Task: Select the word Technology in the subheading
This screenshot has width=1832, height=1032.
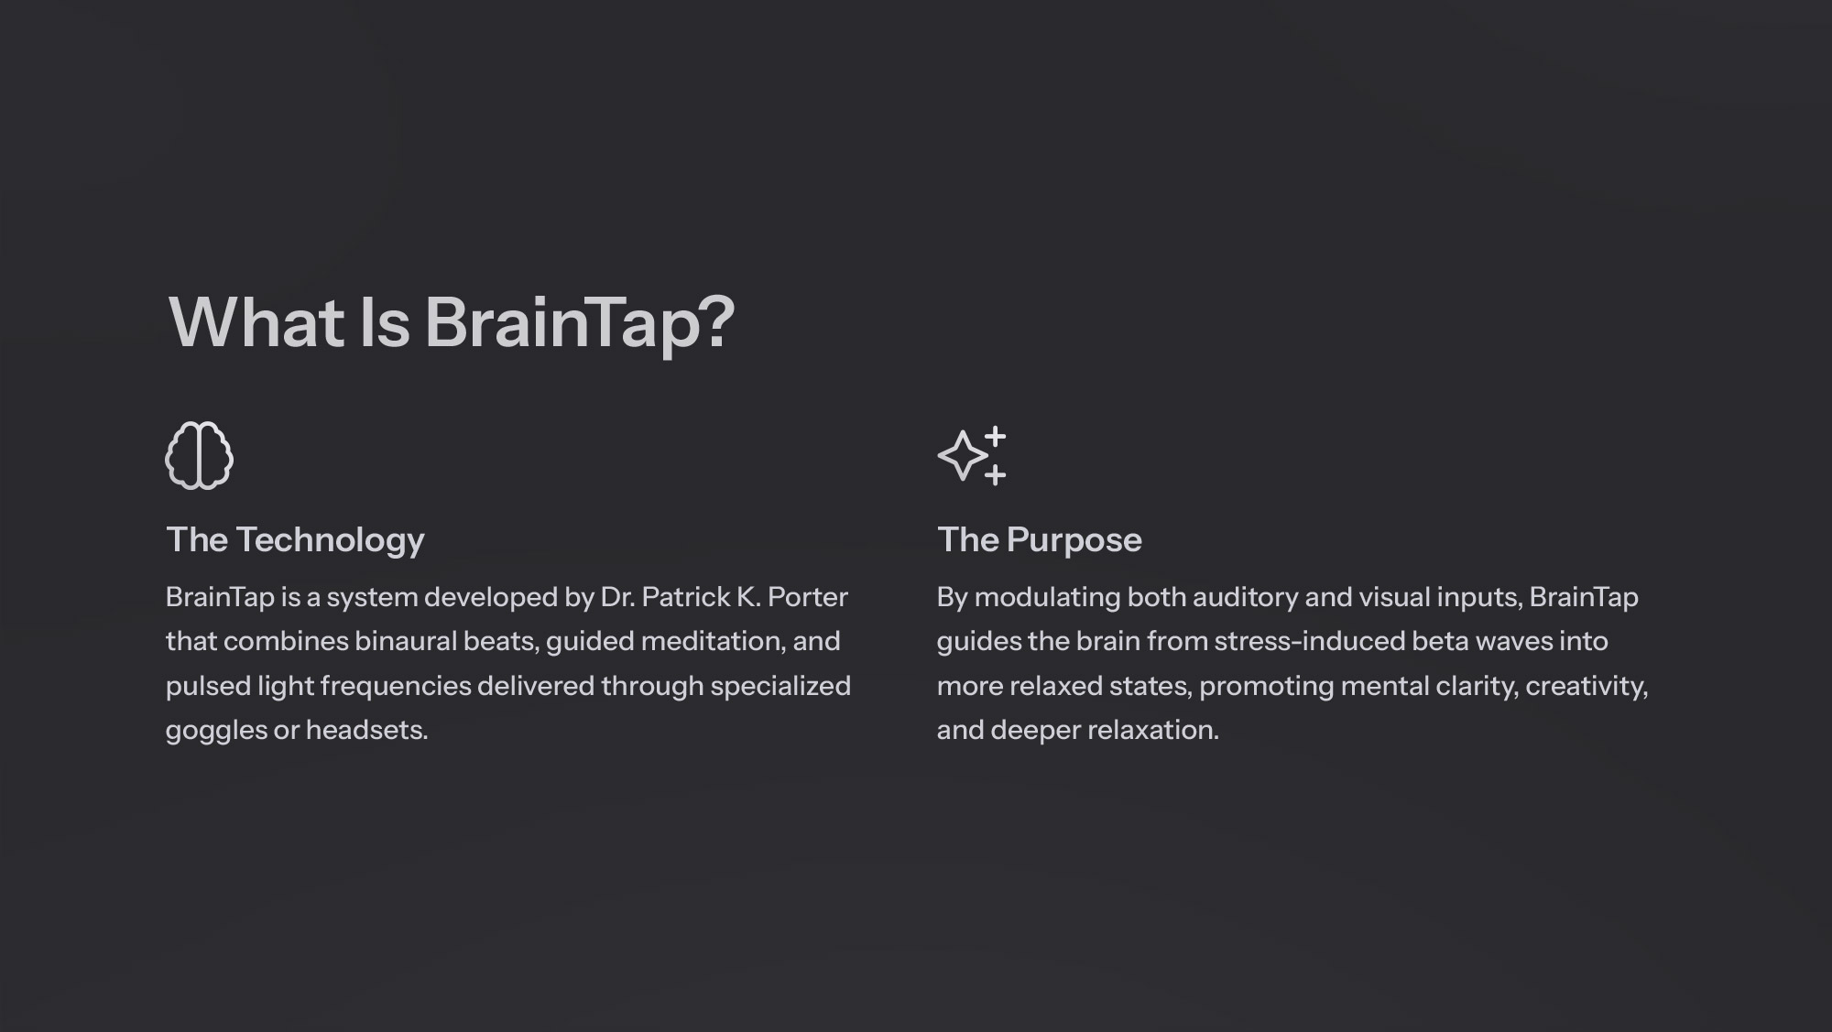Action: (x=330, y=541)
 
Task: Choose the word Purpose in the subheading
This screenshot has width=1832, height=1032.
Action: (x=1074, y=541)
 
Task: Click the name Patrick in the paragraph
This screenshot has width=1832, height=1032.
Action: (x=686, y=597)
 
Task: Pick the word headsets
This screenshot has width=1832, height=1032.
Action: (x=366, y=730)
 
